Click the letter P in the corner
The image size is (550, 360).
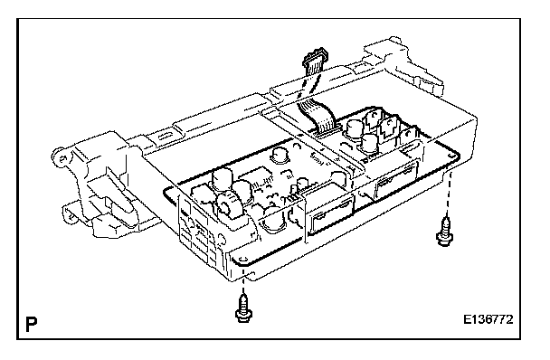[32, 325]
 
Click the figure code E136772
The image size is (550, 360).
[488, 319]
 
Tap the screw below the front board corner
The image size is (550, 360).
[244, 308]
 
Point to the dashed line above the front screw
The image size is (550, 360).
[243, 285]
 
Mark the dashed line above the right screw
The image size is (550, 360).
[449, 194]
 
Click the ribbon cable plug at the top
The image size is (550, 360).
[316, 62]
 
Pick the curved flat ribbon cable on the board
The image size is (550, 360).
[318, 117]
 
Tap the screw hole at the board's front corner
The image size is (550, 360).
[242, 260]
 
